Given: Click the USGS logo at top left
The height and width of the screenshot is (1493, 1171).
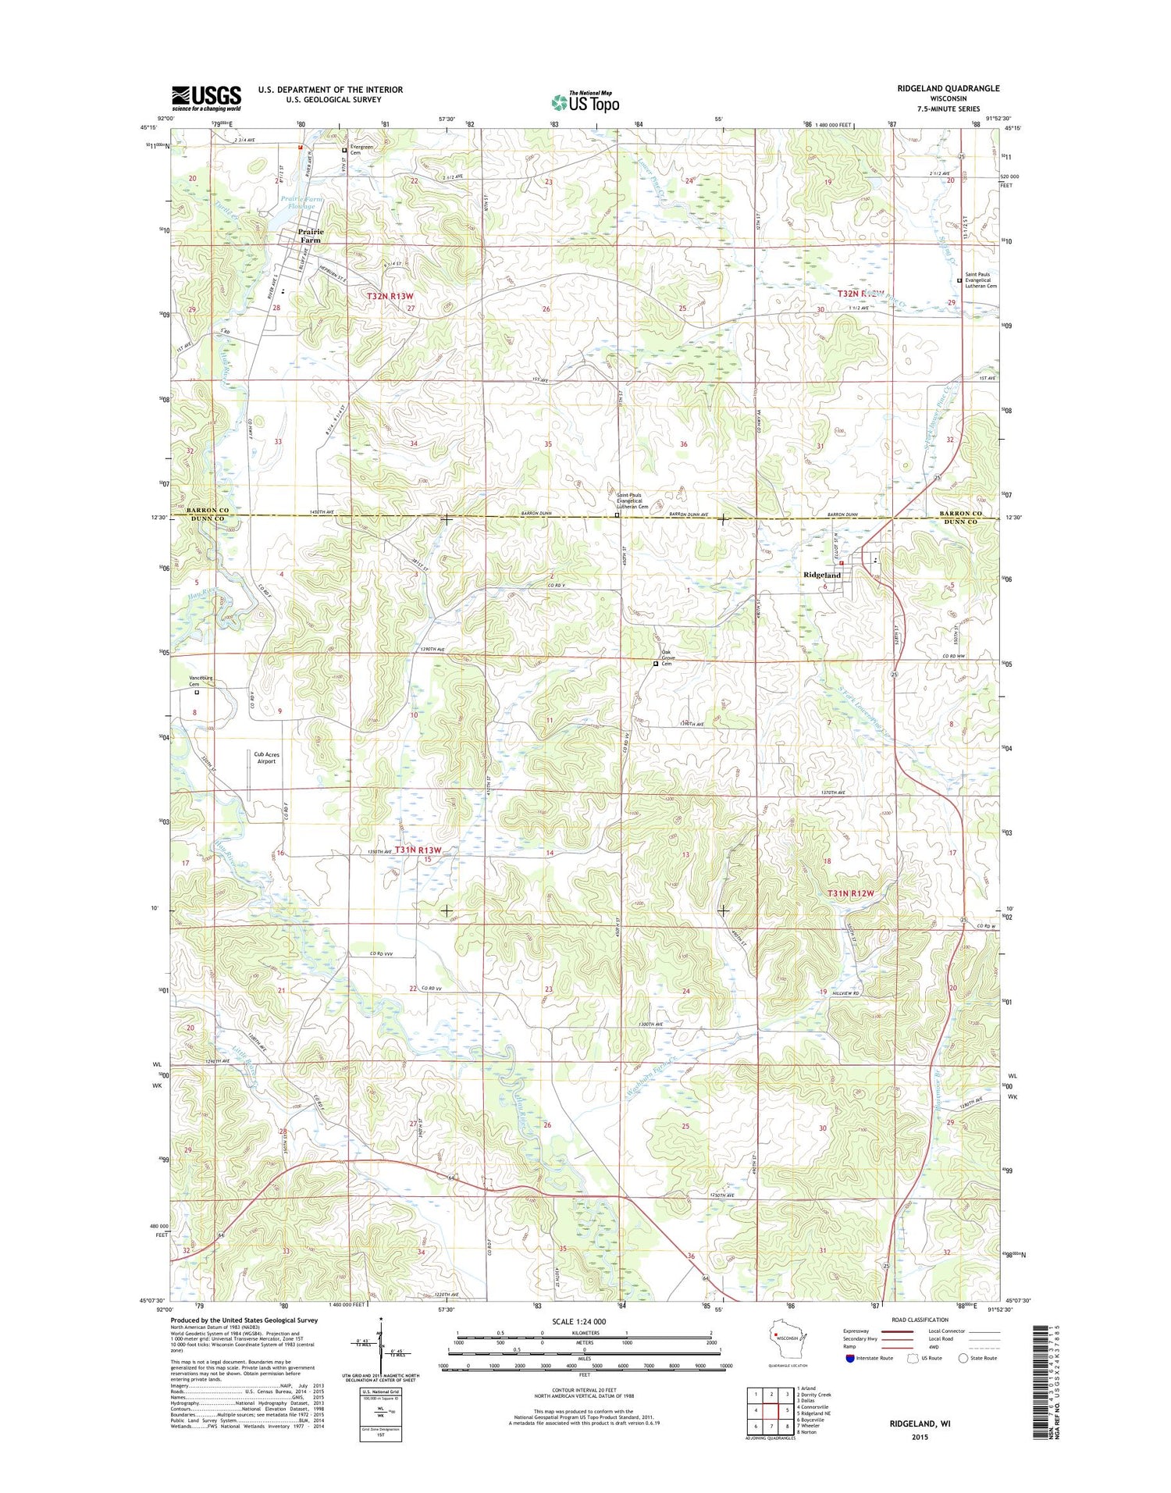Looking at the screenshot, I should (206, 98).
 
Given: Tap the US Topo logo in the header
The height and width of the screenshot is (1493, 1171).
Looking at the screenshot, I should (585, 102).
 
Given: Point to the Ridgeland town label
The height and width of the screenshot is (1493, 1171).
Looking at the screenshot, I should (822, 575).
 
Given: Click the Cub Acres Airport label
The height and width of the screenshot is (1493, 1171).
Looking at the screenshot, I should (266, 757).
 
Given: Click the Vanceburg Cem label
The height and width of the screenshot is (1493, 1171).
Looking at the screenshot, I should (201, 681).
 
